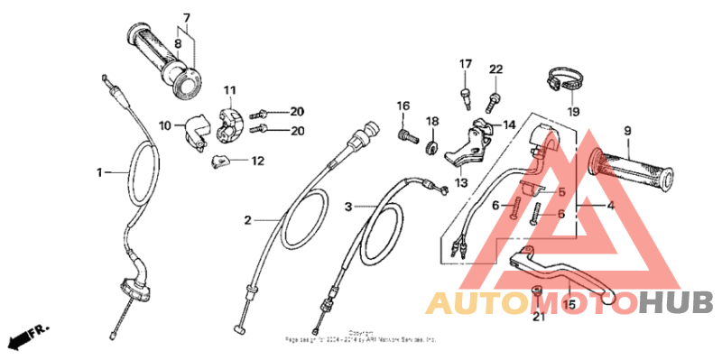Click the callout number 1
coord(101,171)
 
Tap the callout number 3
coord(348,207)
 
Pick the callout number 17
coord(466,64)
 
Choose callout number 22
coord(495,70)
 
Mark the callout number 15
coord(569,306)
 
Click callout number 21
coord(538,317)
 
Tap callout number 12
coord(257,162)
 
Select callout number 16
coord(403,106)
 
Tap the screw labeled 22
coord(495,96)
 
